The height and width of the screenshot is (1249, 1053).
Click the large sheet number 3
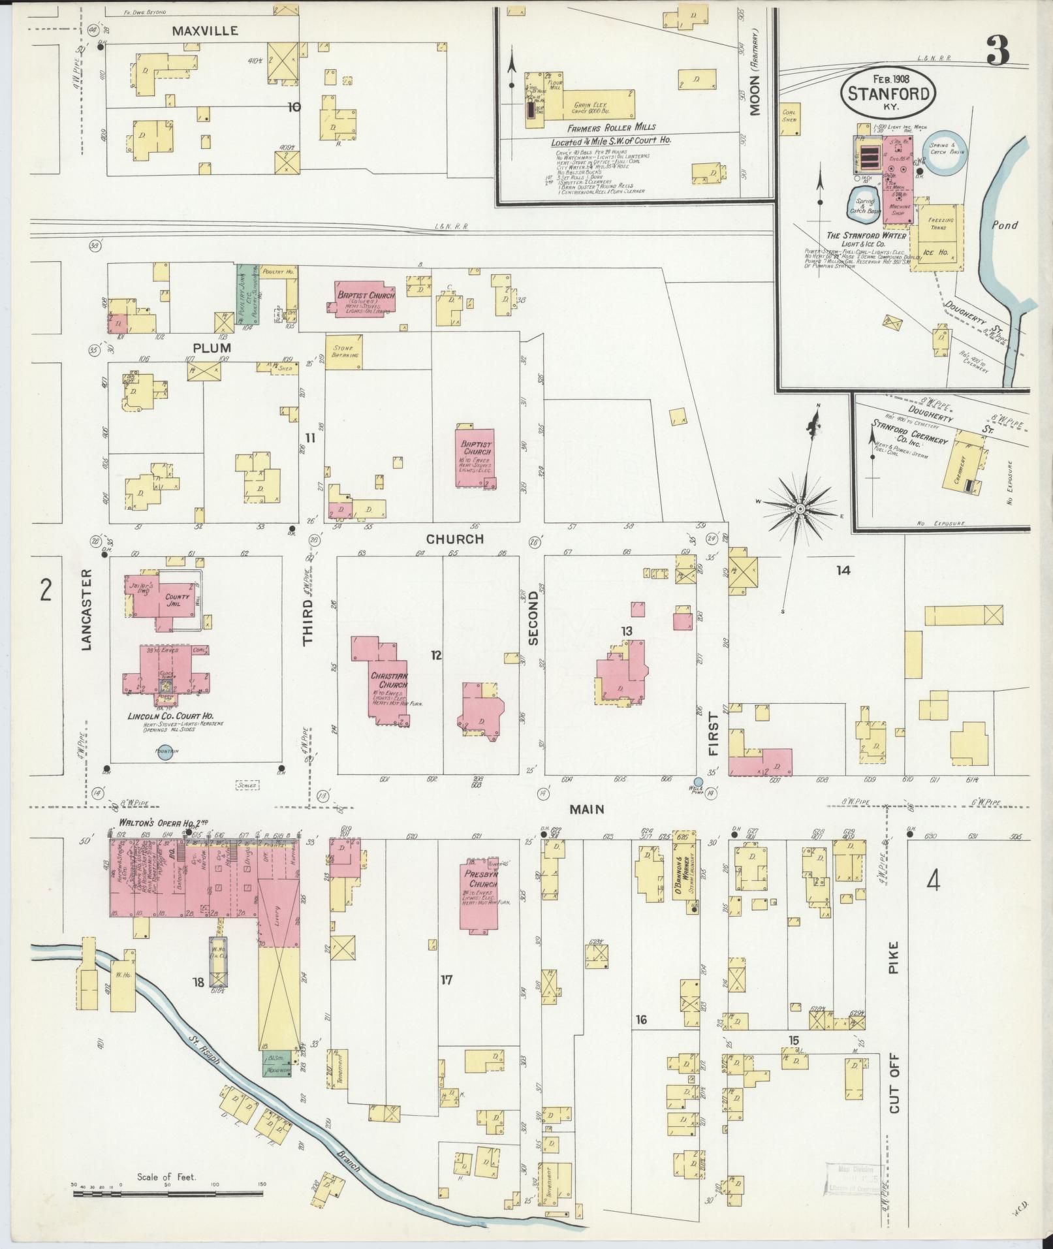click(998, 50)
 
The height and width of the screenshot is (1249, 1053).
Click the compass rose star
click(800, 508)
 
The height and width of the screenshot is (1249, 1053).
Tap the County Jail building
click(167, 600)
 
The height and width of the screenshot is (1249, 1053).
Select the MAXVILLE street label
click(205, 30)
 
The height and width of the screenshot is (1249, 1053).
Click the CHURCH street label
click(455, 539)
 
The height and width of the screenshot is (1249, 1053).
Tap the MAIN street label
click(586, 809)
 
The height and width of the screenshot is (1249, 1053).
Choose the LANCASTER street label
click(87, 609)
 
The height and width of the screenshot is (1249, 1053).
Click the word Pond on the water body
click(1004, 225)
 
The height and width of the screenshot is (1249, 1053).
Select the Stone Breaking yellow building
click(344, 352)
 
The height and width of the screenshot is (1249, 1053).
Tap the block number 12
click(436, 654)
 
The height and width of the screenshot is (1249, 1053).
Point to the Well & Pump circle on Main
click(698, 782)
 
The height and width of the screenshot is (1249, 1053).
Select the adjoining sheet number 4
click(933, 883)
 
